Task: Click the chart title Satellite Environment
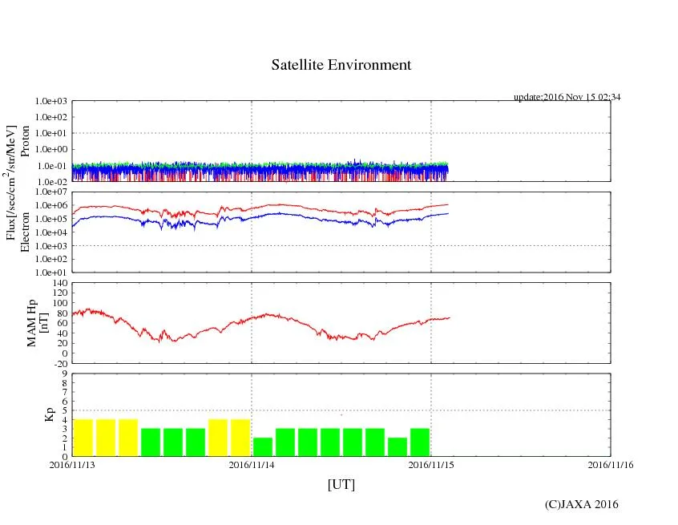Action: (x=341, y=65)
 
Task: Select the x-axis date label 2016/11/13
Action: (x=72, y=464)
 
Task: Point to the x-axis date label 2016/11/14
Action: (x=252, y=464)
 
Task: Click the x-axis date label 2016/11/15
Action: (x=431, y=464)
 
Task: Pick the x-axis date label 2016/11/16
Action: (x=610, y=464)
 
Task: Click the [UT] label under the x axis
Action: (x=341, y=484)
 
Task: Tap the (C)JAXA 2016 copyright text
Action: (x=582, y=504)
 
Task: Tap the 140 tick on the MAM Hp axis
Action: (x=59, y=283)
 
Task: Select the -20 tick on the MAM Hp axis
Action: (x=59, y=363)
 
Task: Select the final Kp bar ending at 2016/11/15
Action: (x=420, y=442)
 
